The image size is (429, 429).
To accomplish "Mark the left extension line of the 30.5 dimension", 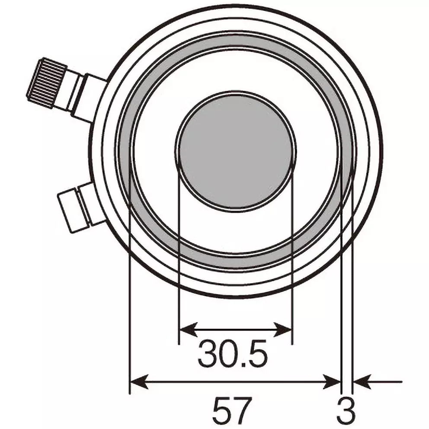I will click(179, 303).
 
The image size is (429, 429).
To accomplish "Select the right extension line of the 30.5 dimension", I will click(292, 303).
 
